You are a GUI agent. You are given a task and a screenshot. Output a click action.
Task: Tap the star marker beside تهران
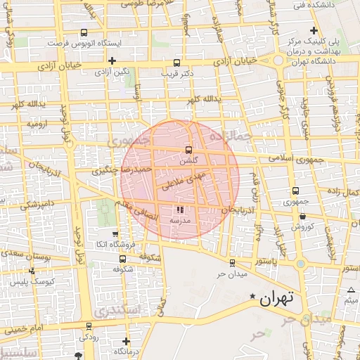point(253,299)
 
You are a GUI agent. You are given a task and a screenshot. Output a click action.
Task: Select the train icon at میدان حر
point(232,264)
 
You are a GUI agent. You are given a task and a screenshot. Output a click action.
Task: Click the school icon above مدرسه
point(180,210)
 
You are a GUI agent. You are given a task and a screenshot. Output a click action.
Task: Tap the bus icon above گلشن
point(188,150)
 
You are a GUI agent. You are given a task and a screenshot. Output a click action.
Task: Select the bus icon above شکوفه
point(123,258)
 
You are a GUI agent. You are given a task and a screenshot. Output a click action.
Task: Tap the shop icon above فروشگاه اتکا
point(115,233)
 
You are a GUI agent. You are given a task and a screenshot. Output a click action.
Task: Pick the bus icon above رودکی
point(88,326)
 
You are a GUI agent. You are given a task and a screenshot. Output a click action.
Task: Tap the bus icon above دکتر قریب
point(176,62)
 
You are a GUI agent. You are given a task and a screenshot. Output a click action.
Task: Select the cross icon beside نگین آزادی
point(112,61)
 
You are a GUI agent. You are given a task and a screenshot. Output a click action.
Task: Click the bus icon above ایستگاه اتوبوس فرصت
point(84,32)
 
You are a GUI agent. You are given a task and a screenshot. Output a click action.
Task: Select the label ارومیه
point(37,123)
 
